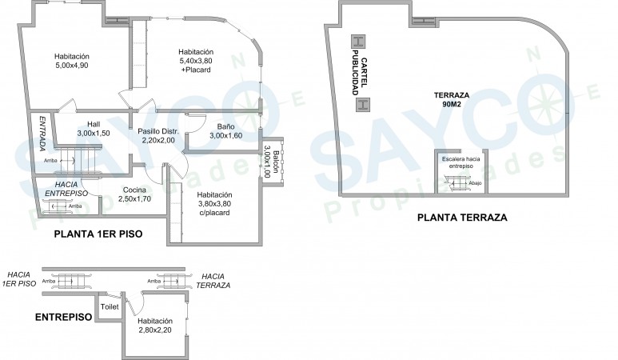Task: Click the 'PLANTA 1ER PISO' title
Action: (x=98, y=234)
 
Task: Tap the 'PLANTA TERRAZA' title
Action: (x=462, y=218)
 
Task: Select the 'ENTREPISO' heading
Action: (x=63, y=317)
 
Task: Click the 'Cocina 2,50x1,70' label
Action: (x=134, y=194)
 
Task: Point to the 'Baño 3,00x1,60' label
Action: (x=225, y=131)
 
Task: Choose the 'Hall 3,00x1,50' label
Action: (x=94, y=129)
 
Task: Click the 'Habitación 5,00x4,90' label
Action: (x=72, y=61)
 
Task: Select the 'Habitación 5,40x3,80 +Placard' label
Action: (x=196, y=61)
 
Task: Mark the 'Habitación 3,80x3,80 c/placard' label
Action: (x=214, y=203)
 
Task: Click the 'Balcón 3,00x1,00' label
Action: (x=272, y=162)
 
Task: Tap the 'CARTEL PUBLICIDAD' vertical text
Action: (x=359, y=73)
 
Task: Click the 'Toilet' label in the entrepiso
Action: (x=110, y=306)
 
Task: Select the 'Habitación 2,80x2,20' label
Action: (x=155, y=326)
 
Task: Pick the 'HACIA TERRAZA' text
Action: (x=213, y=281)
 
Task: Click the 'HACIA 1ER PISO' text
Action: (x=19, y=279)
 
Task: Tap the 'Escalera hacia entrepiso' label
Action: (x=461, y=162)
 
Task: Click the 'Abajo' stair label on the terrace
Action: (x=475, y=183)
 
